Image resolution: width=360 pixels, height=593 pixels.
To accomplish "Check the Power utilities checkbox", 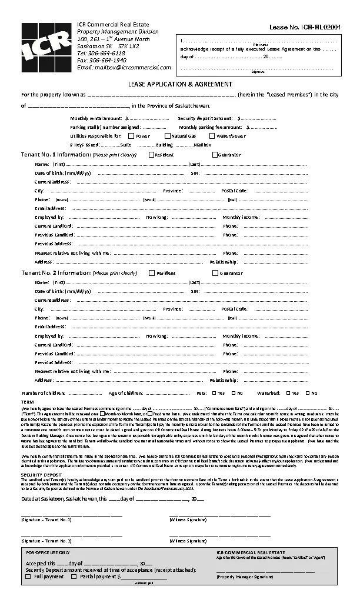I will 131,136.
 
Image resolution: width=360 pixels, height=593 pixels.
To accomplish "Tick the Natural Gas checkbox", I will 167,136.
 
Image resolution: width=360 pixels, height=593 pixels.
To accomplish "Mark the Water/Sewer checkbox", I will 212,136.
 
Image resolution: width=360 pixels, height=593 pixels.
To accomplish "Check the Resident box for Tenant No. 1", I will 151,155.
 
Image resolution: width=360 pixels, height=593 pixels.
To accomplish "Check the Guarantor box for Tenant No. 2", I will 215,273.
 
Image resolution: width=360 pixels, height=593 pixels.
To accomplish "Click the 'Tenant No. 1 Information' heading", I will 55,155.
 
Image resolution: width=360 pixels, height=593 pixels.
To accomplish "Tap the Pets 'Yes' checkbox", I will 214,393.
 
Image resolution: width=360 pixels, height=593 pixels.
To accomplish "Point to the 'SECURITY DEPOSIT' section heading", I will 41,474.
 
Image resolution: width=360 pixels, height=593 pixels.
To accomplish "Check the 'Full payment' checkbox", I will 28,577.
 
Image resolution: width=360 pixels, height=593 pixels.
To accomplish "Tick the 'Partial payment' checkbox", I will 74,577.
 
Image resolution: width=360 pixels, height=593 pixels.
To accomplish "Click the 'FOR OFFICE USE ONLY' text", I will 48,553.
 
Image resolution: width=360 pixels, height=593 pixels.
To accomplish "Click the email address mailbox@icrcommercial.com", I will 124,68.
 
